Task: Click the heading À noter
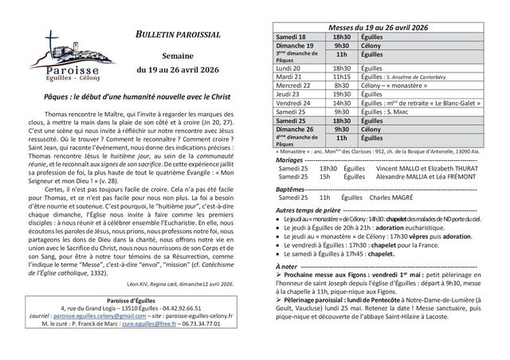(x=284, y=264)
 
